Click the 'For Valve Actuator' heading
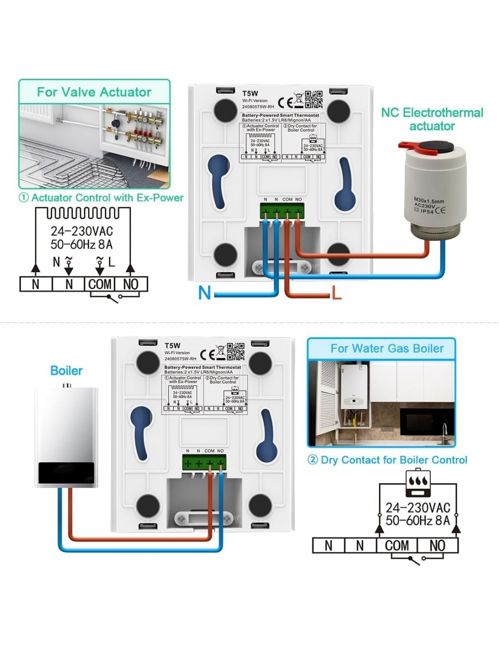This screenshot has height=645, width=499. point(94,92)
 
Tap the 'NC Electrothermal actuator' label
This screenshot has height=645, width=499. point(432,119)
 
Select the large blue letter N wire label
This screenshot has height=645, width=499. point(205,293)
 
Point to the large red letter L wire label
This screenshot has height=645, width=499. point(336,293)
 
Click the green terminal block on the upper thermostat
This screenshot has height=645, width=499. point(282,211)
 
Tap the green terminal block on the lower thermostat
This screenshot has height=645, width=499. point(204,463)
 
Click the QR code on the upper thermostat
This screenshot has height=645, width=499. point(313,99)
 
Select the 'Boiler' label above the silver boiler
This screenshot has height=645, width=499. point(66,371)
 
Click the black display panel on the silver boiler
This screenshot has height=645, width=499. point(66,473)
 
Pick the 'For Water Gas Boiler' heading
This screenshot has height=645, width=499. point(387,348)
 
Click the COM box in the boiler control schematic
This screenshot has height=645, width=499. point(396,546)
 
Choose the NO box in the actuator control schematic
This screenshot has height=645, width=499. point(131,284)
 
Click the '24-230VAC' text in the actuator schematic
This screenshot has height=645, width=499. point(82,231)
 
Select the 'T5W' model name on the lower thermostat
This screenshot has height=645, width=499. point(172,346)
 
